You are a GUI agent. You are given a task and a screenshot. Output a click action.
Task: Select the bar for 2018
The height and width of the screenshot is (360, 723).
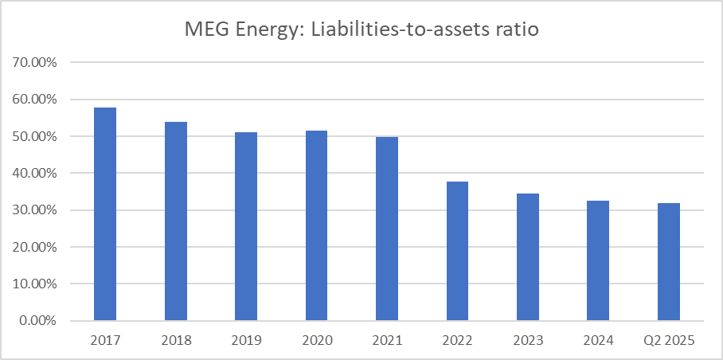tap(175, 221)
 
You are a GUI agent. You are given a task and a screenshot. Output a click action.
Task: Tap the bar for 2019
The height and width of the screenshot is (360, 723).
tap(246, 226)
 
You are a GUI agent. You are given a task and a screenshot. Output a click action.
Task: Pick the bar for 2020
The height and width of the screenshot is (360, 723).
tap(316, 225)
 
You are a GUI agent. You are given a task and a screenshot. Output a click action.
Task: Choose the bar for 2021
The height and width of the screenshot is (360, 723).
tap(387, 229)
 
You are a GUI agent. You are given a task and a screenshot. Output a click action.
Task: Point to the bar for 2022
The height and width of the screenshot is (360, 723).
tap(457, 251)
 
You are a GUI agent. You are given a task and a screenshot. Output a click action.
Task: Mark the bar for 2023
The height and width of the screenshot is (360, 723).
tap(527, 256)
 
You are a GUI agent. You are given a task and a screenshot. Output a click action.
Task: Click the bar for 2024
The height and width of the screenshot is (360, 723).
tap(598, 260)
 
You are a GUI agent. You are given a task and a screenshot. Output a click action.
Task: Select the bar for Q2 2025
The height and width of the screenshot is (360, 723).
tap(668, 262)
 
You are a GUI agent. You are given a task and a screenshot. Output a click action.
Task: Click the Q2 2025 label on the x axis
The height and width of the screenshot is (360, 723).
tap(668, 340)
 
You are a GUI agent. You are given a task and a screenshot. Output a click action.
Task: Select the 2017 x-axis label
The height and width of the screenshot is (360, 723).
tap(105, 340)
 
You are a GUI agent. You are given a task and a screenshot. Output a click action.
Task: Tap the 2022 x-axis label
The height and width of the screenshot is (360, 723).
tap(457, 340)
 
